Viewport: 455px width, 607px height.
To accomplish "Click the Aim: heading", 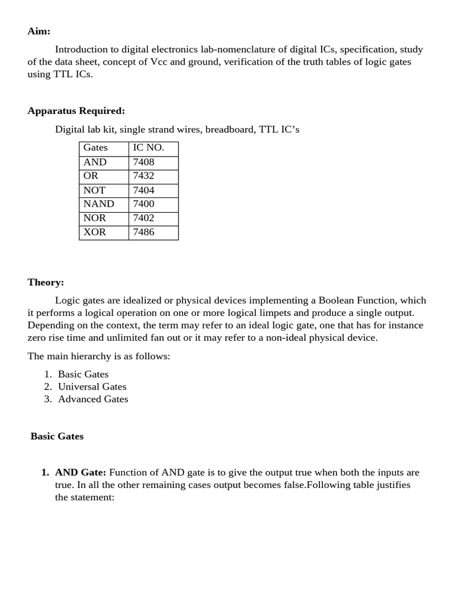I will point(39,31).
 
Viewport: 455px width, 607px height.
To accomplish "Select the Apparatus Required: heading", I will point(76,111).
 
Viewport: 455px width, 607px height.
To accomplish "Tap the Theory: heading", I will point(46,282).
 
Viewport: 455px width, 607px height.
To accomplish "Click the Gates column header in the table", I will point(95,148).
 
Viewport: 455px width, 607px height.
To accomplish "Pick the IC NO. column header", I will point(149,148).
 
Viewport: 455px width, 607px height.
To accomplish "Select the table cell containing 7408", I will point(144,162).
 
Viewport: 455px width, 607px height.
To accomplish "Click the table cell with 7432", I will point(144,176).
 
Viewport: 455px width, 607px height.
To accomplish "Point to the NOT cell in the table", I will point(94,190).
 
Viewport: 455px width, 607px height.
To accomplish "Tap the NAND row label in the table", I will point(98,204).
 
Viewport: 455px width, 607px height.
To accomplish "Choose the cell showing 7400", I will point(144,204).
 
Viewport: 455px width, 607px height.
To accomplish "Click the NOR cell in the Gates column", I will point(95,218).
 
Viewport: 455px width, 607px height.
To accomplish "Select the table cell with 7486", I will point(144,232).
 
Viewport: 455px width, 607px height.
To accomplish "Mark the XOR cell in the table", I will point(95,232).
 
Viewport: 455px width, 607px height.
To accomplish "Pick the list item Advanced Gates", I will point(93,399).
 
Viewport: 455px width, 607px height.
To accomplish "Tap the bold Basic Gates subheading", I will point(57,436).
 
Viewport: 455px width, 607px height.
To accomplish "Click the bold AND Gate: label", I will point(81,472).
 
